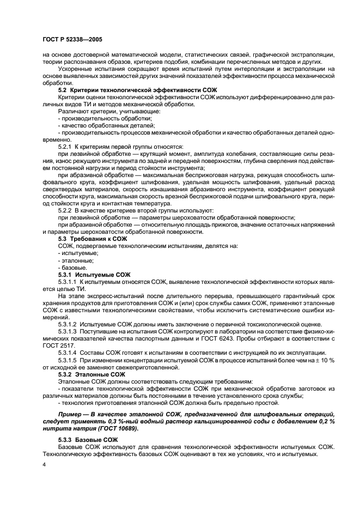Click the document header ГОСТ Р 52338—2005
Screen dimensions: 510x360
click(x=72, y=40)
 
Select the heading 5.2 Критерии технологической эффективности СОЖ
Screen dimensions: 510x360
click(x=130, y=89)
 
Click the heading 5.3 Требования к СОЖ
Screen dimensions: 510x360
click(x=92, y=239)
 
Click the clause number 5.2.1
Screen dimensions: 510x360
click(x=65, y=146)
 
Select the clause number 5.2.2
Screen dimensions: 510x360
click(x=65, y=210)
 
